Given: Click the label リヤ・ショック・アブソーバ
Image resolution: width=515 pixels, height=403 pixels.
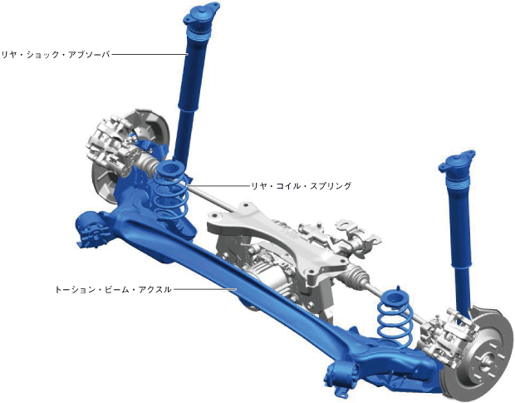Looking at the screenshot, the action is coord(56,55).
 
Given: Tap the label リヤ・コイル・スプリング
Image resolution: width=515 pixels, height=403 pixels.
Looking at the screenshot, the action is coord(302,186).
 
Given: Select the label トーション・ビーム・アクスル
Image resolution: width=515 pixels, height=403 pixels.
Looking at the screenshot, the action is coord(113,290).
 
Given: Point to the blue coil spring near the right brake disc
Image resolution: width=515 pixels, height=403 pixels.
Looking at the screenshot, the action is coord(394,315).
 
